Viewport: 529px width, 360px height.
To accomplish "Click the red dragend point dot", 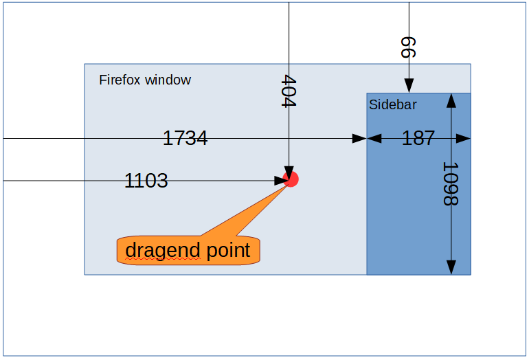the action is pos(291,179).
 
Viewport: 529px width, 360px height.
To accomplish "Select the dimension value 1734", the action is pos(185,138).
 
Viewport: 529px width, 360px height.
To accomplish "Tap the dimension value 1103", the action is pos(146,181).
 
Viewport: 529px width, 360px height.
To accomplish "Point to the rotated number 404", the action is pos(289,91).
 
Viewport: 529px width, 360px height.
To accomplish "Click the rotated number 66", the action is pos(408,47).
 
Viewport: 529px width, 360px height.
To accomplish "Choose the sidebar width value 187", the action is pos(418,138).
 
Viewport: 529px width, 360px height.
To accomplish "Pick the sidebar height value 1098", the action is pos(451,184).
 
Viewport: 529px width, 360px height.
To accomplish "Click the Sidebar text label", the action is pos(393,104).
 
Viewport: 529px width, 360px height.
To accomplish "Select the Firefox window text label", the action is pos(145,80).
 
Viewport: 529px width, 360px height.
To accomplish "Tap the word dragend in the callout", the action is pos(163,250).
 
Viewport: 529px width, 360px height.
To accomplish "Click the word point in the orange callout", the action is pos(228,250).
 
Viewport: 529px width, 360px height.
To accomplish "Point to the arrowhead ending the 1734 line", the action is pos(359,138).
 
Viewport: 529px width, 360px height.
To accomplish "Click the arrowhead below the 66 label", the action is pos(409,85).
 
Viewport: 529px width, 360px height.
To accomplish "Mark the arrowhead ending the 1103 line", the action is pos(282,181).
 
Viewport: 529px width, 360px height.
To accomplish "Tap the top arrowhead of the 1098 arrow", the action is pos(451,100).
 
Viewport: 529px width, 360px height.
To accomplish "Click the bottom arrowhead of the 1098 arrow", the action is pos(451,267).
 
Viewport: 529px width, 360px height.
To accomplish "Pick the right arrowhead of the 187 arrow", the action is pos(463,138).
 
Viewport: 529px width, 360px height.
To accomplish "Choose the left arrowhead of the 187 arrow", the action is pos(374,138).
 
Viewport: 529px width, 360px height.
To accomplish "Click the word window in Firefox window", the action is pos(168,80).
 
